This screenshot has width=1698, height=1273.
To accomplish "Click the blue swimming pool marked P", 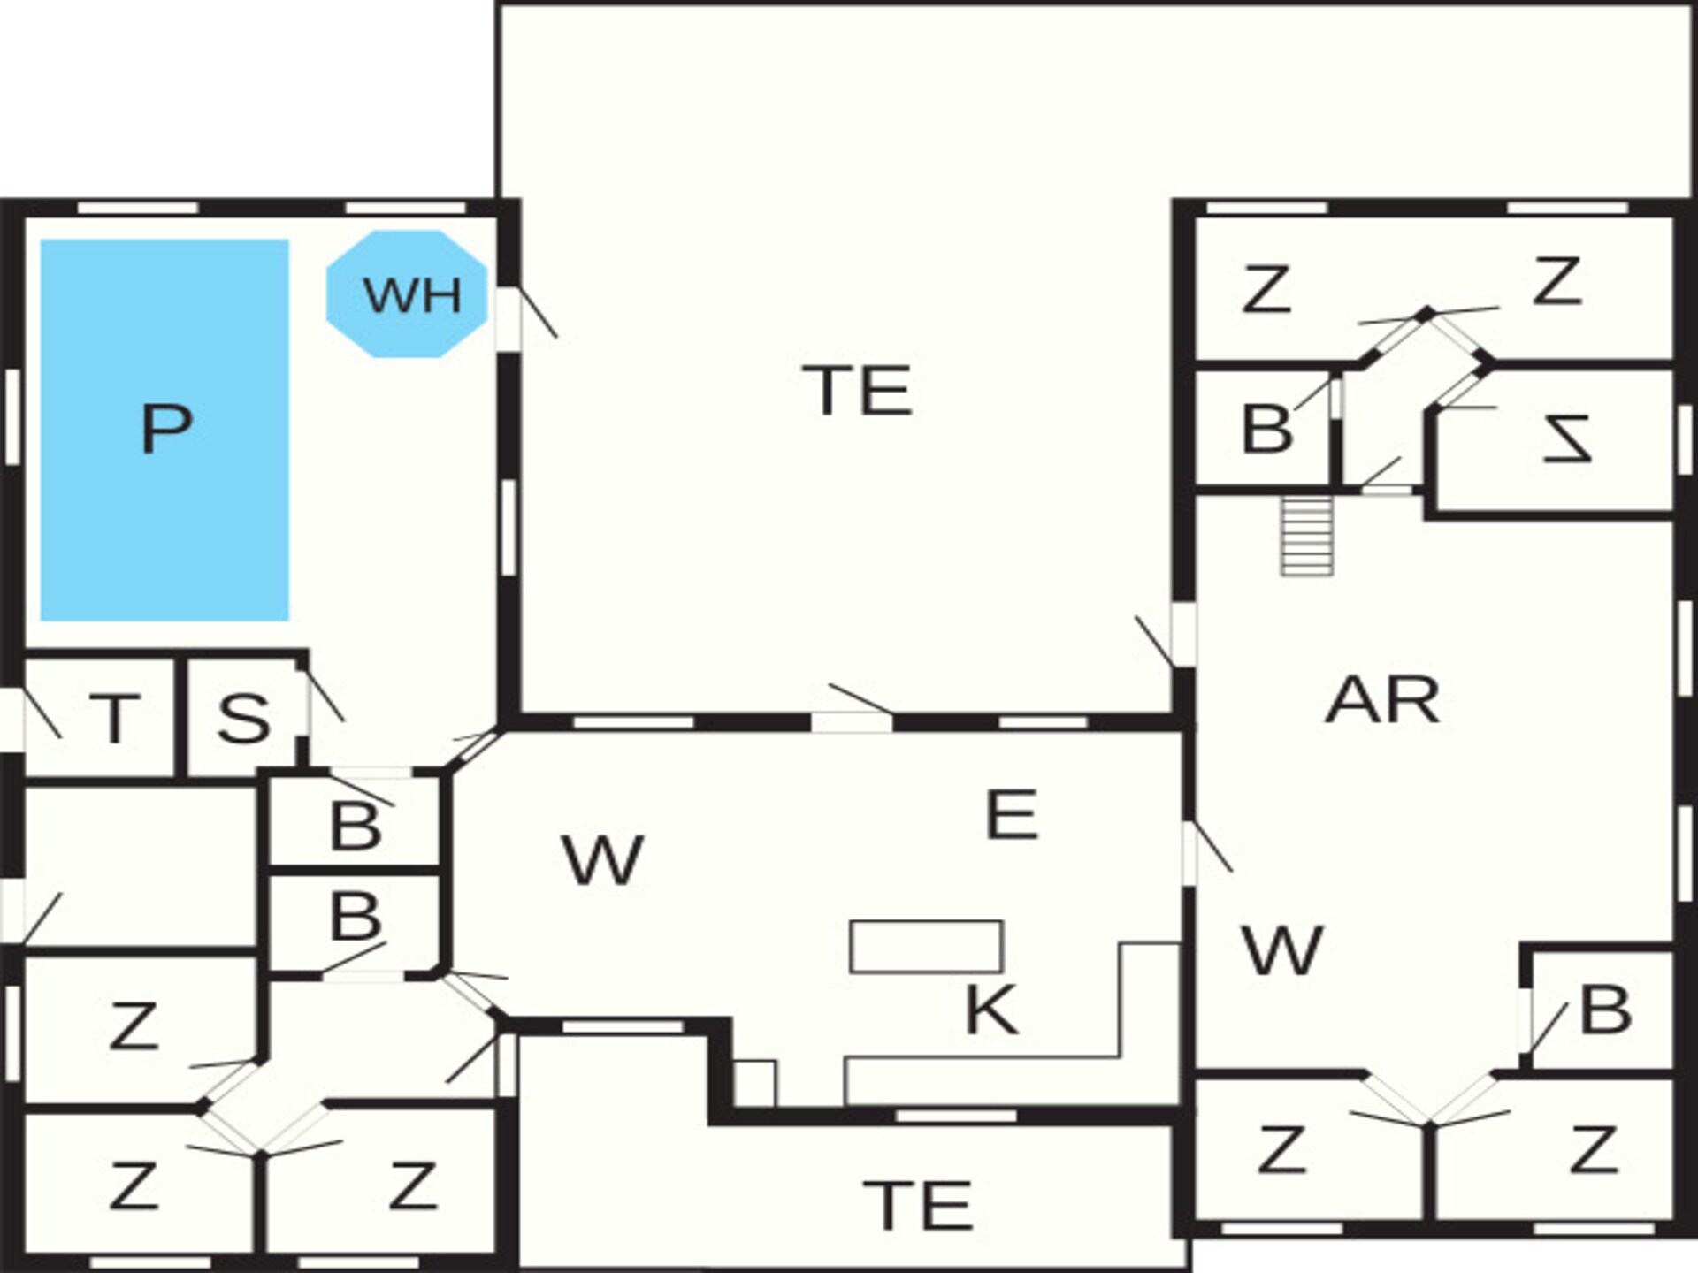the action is [164, 430].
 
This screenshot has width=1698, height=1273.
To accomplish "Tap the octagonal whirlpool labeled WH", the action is [407, 294].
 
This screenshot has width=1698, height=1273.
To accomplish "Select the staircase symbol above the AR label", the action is [1307, 536].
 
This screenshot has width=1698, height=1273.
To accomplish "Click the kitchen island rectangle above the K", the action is [926, 947].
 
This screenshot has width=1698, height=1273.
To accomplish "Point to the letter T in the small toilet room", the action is [115, 719].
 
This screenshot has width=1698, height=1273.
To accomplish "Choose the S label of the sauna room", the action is [243, 718].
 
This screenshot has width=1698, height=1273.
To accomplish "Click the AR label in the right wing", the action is [1382, 701].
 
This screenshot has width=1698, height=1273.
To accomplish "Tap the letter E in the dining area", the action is [1011, 814].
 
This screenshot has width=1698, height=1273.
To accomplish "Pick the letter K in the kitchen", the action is [991, 1010].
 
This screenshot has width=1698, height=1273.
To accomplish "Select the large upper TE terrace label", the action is [857, 391].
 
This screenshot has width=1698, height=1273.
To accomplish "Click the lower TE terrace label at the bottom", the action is [918, 1206].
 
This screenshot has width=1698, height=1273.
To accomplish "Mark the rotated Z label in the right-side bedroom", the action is [1566, 439].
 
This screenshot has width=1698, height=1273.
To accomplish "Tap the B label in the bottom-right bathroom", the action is [1605, 1010].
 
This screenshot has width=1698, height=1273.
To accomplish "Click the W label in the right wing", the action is [1282, 950].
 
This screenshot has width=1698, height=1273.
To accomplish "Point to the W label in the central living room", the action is [602, 860].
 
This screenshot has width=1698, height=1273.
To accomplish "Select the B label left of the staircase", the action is [1266, 429].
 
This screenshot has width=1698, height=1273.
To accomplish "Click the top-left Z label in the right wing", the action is [1266, 290].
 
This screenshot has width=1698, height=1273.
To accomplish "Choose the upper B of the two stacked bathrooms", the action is [356, 827].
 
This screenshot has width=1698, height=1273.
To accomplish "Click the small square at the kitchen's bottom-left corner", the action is [754, 1083].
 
